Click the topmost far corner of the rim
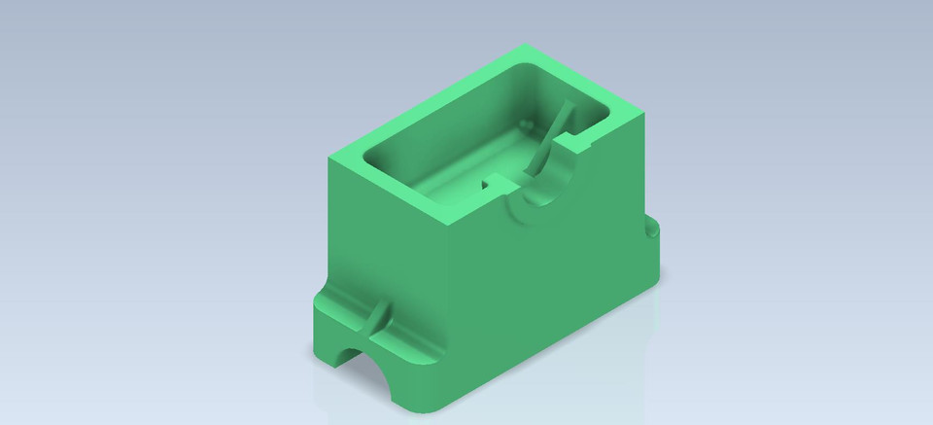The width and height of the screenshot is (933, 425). pyautogui.click(x=526, y=46)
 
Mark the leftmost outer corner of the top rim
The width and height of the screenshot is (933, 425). pyautogui.click(x=330, y=156)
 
